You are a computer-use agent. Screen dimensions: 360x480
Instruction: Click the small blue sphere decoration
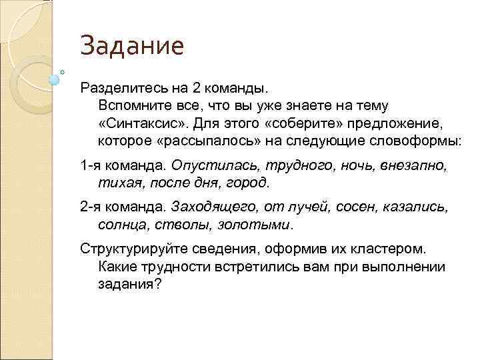point(55,80)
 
